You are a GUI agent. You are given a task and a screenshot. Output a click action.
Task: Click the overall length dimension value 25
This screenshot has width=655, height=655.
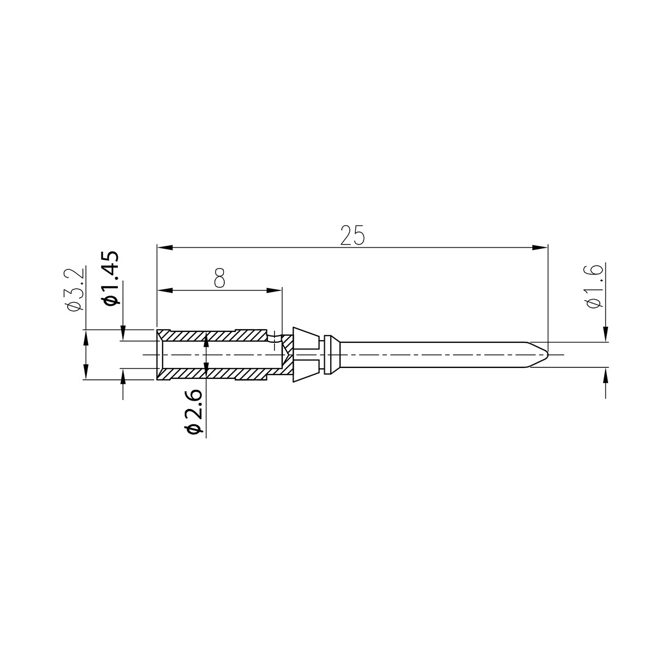tap(353, 235)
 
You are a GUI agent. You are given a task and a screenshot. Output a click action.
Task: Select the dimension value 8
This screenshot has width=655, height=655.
tap(220, 278)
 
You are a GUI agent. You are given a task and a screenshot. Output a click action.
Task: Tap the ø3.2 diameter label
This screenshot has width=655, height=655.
tap(76, 289)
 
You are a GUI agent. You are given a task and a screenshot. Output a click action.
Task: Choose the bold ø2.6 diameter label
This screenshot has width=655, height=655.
tap(194, 412)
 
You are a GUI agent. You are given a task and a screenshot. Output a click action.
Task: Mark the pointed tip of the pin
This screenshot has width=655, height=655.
tap(547, 355)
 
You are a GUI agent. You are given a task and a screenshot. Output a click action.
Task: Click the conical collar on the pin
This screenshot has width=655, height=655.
tap(306, 355)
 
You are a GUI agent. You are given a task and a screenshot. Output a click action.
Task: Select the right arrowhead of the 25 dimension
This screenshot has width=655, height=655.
tap(540, 247)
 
